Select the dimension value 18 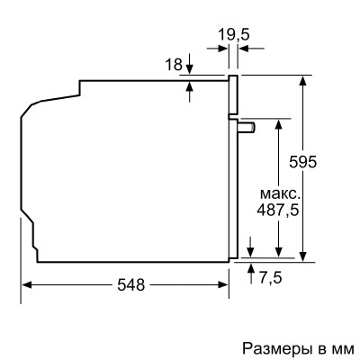tap(175, 64)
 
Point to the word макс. tap(280, 194)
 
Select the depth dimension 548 tap(130, 284)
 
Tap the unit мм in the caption tap(344, 346)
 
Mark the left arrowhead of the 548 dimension tap(27, 284)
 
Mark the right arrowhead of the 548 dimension tap(224, 284)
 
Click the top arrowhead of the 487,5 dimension tap(280, 123)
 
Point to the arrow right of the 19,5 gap tap(245, 55)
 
